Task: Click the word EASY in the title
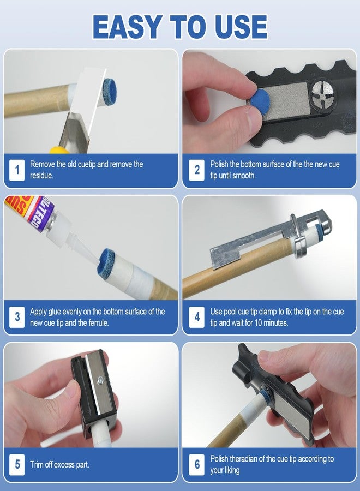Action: tap(128, 27)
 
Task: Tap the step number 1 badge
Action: tap(17, 170)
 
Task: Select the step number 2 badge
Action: tap(197, 170)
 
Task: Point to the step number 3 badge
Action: tap(17, 317)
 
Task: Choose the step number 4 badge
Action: tap(197, 317)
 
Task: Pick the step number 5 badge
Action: tap(17, 464)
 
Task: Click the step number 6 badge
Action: tap(197, 464)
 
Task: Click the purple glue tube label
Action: tap(41, 213)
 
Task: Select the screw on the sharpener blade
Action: tap(100, 380)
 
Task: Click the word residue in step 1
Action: tap(41, 176)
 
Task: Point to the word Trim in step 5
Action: tap(37, 464)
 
